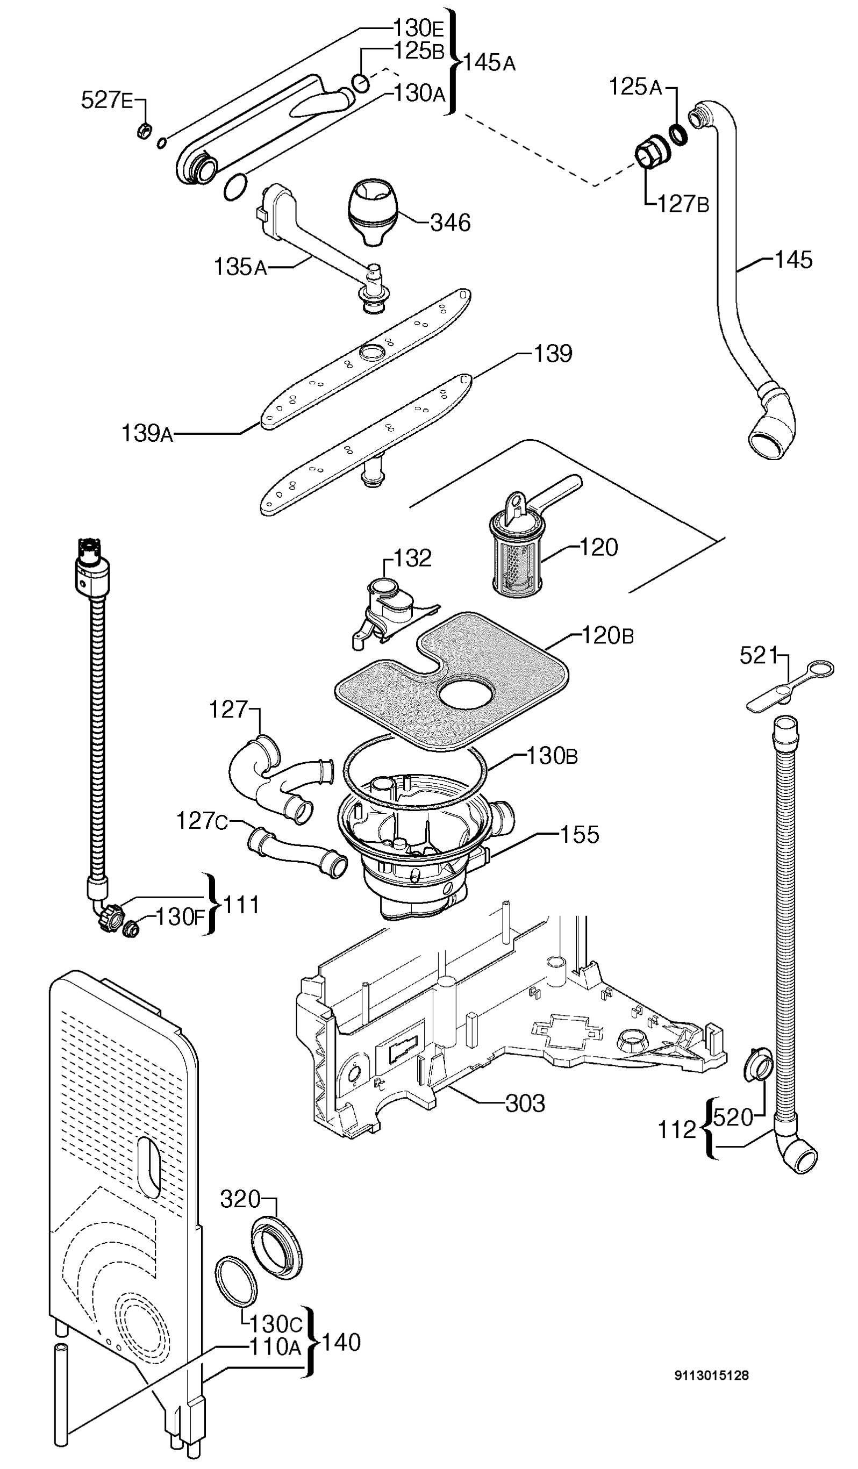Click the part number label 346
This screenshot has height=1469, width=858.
[x=450, y=223]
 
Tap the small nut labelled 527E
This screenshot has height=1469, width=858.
[x=145, y=131]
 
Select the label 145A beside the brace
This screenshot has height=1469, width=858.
[x=489, y=62]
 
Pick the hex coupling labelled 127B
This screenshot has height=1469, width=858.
[x=650, y=151]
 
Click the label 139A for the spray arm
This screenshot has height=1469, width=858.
[x=147, y=434]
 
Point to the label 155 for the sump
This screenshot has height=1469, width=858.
[x=580, y=834]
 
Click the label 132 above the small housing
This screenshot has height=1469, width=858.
[x=413, y=558]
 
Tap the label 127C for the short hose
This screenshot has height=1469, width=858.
[x=202, y=821]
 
